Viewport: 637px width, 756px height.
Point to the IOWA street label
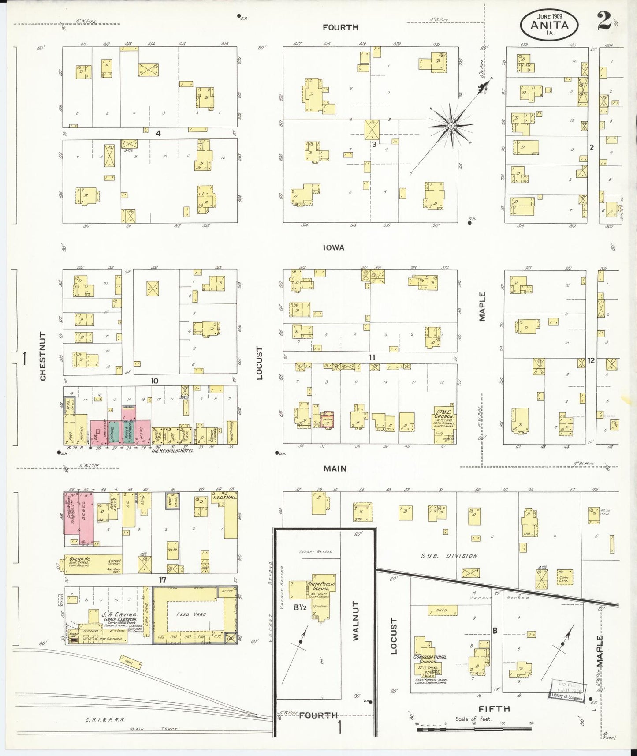click(333, 247)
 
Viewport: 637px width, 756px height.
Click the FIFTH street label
click(494, 709)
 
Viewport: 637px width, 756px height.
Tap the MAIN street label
click(335, 468)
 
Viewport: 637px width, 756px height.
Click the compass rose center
click(451, 126)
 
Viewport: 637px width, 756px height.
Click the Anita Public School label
click(321, 587)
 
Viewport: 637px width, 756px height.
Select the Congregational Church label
click(430, 659)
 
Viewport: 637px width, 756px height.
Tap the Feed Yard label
click(191, 614)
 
